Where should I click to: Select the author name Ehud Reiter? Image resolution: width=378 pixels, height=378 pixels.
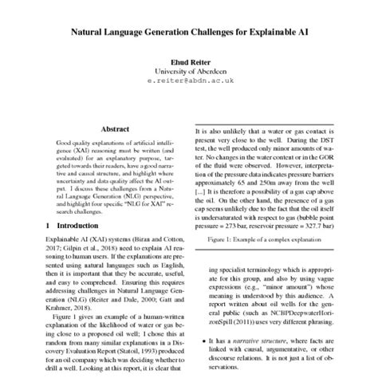pyautogui.click(x=188, y=61)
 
